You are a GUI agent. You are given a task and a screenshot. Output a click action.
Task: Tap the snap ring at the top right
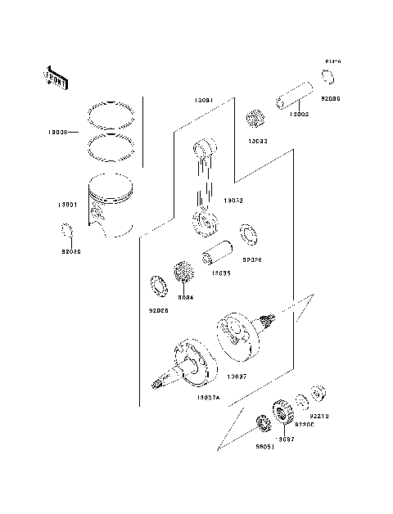328,77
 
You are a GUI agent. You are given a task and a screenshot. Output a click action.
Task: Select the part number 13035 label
219,274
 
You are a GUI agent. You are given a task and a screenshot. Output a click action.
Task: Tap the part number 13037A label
209,396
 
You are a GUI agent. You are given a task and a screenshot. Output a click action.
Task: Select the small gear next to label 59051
264,424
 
